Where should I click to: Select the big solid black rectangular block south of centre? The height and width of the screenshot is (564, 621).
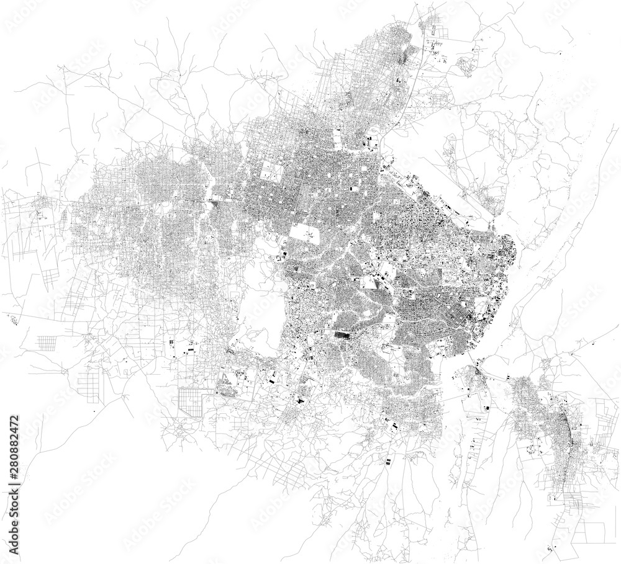pyautogui.click(x=342, y=336)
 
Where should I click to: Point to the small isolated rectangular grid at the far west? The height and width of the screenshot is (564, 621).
pyautogui.click(x=47, y=342)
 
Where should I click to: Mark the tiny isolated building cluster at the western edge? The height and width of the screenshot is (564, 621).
pyautogui.click(x=12, y=319)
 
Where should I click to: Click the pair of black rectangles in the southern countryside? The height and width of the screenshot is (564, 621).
pyautogui.click(x=388, y=461)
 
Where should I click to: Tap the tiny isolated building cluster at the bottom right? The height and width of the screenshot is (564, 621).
pyautogui.click(x=550, y=548)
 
